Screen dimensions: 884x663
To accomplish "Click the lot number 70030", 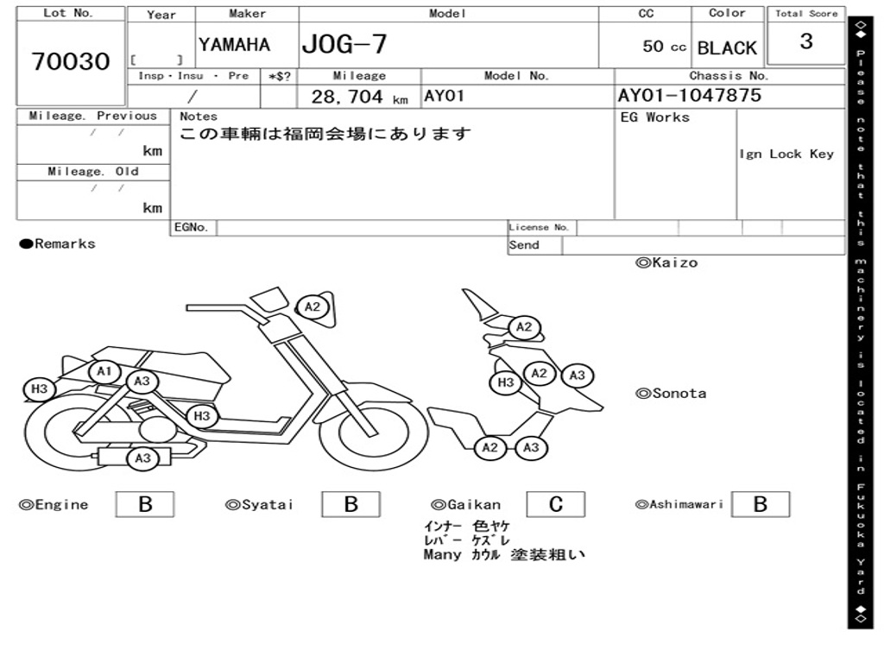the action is (x=71, y=61).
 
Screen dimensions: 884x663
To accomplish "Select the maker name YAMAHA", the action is (x=234, y=45).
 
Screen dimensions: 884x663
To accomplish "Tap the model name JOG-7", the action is (x=344, y=43).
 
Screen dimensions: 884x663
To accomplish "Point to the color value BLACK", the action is (x=727, y=48).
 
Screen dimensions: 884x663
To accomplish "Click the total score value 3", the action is (x=806, y=41).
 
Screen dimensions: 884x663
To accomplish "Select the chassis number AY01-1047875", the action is (x=690, y=95).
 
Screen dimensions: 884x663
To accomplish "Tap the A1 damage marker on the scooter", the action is (x=104, y=372).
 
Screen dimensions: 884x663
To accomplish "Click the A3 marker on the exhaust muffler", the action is (x=143, y=458).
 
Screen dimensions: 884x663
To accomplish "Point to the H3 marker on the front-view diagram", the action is (x=506, y=382).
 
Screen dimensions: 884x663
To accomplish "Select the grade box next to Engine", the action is (x=144, y=504).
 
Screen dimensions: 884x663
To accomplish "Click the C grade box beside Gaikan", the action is (x=555, y=504).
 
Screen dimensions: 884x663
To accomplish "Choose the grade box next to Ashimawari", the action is (x=760, y=504).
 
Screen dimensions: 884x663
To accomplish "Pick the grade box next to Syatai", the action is (x=350, y=504).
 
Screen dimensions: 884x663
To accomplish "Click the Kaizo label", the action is (x=666, y=262).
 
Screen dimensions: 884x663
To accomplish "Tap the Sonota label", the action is (x=671, y=394).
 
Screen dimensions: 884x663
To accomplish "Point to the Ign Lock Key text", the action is (x=786, y=154).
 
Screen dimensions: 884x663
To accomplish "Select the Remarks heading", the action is (x=58, y=244).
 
